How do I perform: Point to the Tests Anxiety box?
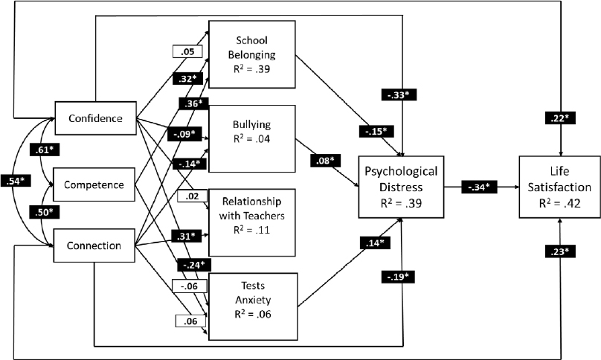pyautogui.click(x=252, y=300)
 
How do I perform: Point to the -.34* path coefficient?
pyautogui.click(x=477, y=187)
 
